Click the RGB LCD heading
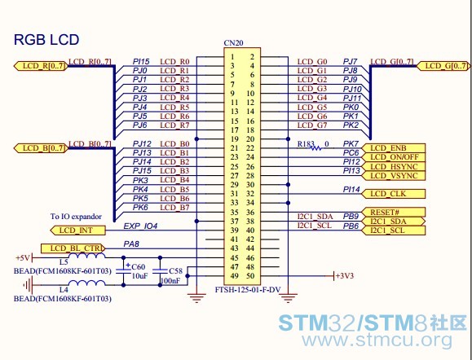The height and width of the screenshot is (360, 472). tap(46, 40)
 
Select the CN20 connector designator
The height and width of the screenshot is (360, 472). tap(233, 43)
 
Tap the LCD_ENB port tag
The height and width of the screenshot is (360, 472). tap(393, 148)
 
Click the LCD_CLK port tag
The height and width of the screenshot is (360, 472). tap(393, 194)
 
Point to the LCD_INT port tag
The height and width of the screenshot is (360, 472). tap(78, 230)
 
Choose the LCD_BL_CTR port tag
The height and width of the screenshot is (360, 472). tap(73, 248)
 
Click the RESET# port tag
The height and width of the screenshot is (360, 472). tap(393, 212)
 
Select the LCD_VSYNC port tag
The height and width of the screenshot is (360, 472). tap(393, 176)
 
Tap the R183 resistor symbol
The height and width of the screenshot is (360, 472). tap(315, 148)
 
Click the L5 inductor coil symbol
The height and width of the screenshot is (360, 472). tap(86, 256)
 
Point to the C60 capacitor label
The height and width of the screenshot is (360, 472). tap(139, 267)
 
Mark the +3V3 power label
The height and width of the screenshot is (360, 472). tap(345, 276)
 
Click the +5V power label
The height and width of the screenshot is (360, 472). tap(23, 257)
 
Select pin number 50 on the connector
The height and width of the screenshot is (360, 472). tap(251, 276)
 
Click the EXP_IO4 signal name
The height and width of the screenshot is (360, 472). tap(140, 226)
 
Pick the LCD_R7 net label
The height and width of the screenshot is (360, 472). tap(174, 125)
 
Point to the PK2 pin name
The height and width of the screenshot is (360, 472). tap(351, 125)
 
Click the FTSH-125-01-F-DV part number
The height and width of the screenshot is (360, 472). tap(248, 290)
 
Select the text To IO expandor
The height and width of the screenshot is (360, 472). tap(76, 217)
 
